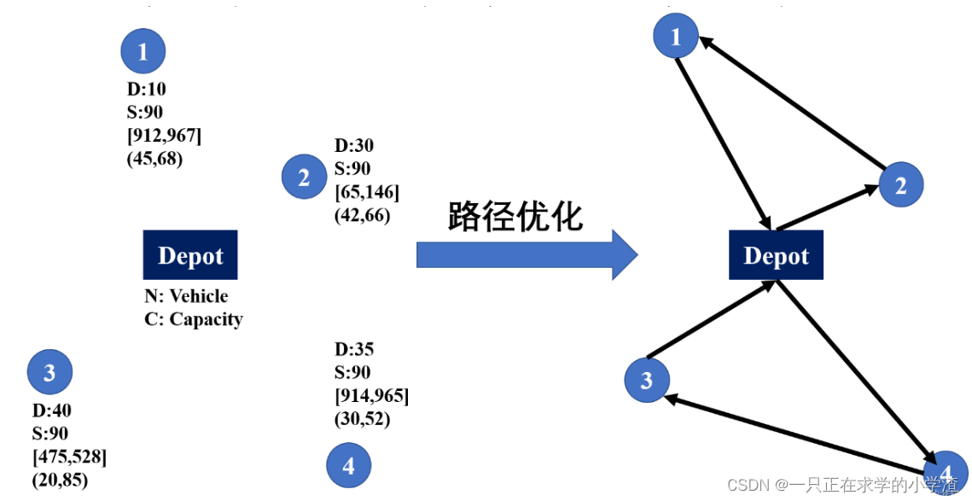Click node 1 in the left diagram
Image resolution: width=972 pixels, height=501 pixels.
pos(143,51)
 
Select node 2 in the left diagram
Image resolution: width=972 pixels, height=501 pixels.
pos(304,178)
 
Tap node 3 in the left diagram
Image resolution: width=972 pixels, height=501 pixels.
pos(49,372)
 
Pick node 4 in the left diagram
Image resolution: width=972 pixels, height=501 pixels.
pos(348,466)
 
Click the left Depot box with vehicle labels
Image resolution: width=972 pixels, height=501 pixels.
pos(190,255)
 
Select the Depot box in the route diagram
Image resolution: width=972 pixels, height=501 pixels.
pos(776,255)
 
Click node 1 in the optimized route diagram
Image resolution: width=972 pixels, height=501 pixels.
pos(676,37)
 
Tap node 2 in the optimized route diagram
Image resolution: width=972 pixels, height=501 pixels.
pos(900,184)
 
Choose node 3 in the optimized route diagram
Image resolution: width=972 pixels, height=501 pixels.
pos(647,379)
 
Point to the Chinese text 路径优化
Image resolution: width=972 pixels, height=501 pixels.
pos(515,217)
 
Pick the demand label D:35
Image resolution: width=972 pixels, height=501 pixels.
pos(354,349)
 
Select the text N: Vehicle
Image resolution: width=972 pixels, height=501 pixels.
pos(186,296)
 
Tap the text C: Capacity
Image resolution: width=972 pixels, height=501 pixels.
pos(194,319)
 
